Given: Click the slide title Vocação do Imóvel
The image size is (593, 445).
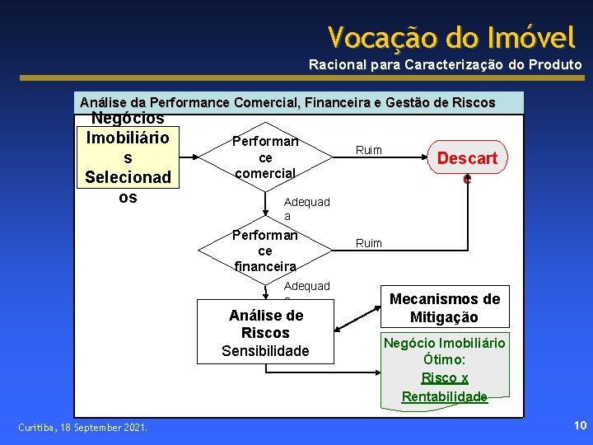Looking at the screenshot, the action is [451, 37].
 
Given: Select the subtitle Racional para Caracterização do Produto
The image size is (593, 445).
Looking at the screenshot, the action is [445, 64].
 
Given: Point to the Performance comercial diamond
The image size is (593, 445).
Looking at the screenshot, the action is [265, 157].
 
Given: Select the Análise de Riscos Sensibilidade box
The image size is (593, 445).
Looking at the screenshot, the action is [265, 332].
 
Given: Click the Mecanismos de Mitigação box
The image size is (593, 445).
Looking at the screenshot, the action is [445, 308].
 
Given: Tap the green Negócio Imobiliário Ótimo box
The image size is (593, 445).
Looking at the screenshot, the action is [445, 368].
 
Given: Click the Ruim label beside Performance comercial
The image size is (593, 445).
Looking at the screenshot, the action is [368, 149].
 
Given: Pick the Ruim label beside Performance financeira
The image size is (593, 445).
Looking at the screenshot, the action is [368, 243].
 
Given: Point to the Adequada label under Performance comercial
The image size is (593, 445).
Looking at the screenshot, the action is [306, 208].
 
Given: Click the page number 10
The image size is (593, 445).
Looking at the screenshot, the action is [578, 425].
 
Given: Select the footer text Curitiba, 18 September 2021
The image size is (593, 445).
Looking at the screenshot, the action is [83, 427].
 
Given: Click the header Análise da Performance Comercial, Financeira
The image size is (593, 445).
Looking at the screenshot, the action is [287, 103].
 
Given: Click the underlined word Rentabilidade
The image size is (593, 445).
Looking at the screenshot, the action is [445, 396].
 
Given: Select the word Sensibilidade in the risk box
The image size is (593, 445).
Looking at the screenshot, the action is [265, 351].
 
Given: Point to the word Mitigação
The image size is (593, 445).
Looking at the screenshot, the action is [445, 317].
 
